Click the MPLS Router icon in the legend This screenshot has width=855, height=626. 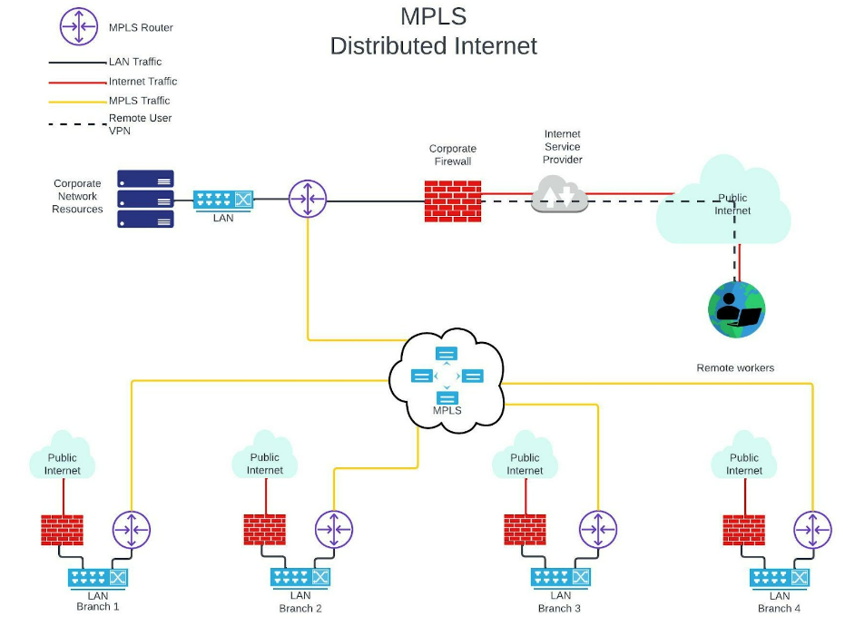click(x=79, y=27)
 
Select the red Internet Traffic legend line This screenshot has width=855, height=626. click(x=77, y=82)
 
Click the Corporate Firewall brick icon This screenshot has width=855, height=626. click(x=452, y=201)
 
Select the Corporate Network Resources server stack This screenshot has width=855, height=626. click(x=145, y=199)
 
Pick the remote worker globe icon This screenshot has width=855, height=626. click(x=736, y=309)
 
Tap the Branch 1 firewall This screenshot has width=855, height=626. click(x=63, y=530)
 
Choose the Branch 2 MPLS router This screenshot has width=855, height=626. click(x=334, y=530)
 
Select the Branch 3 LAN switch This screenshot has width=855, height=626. click(x=561, y=577)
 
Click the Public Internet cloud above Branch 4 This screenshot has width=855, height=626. click(x=744, y=458)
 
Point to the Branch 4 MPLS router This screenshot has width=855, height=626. click(x=812, y=530)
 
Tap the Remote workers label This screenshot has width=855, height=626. click(x=735, y=367)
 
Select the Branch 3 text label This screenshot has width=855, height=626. click(x=559, y=608)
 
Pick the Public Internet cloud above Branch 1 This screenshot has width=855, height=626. click(x=63, y=458)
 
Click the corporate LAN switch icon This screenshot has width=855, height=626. click(x=223, y=200)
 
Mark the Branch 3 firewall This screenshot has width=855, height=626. click(x=525, y=530)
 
